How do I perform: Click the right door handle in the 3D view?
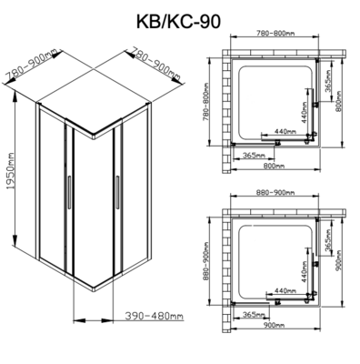tap(117, 193)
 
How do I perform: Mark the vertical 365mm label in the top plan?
tap(325, 87)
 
